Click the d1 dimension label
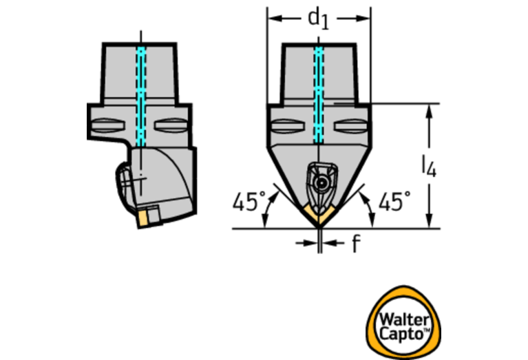[x=318, y=19]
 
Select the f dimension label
[x=355, y=243]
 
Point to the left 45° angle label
[x=249, y=202]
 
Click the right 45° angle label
[x=394, y=202]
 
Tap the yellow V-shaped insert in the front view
[x=319, y=216]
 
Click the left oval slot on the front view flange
[x=286, y=127]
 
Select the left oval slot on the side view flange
[x=111, y=127]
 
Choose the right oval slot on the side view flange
[x=170, y=127]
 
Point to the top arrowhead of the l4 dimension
[x=430, y=110]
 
